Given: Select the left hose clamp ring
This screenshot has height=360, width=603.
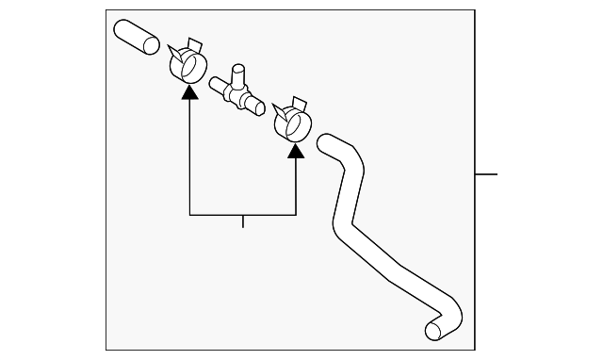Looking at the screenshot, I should click(x=188, y=68).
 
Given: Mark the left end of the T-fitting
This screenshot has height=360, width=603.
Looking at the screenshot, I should click(x=217, y=83).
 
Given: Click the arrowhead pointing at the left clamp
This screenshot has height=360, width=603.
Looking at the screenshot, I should click(x=189, y=91).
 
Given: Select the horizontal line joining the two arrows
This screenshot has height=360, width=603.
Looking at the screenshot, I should click(x=242, y=216).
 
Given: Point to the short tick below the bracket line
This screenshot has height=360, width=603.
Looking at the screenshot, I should click(x=243, y=221).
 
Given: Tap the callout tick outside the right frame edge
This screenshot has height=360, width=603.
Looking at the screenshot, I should click(x=486, y=175).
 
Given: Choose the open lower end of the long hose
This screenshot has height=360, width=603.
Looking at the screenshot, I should click(x=434, y=330).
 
